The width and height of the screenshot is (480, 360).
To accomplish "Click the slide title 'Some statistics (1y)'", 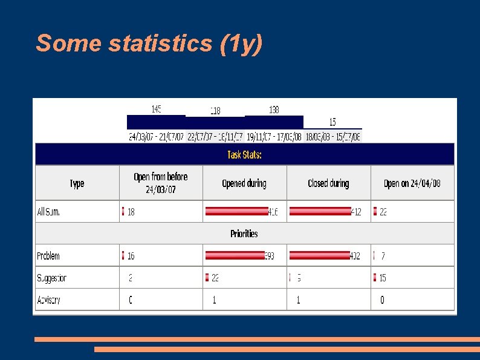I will [x=149, y=44].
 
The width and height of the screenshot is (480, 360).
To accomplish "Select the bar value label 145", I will [x=156, y=109].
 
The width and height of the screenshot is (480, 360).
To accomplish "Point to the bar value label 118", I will [x=215, y=111].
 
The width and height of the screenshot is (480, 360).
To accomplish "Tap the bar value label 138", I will [x=274, y=110].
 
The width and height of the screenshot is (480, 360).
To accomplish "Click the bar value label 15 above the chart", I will [x=332, y=122].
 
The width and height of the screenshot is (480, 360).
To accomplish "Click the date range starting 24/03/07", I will [x=157, y=137].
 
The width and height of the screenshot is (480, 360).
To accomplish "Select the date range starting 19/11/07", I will [x=274, y=137].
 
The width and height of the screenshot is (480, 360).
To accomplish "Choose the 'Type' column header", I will [x=77, y=183].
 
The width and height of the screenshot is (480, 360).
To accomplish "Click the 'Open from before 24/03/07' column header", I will [x=161, y=183].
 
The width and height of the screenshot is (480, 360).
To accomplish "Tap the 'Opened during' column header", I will [x=244, y=183].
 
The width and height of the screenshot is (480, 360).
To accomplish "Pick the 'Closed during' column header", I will [x=328, y=183].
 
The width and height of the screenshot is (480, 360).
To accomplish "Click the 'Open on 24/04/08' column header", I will [x=412, y=183].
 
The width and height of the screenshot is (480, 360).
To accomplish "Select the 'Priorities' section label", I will [x=244, y=234].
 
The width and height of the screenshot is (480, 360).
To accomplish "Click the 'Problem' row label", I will [x=48, y=256].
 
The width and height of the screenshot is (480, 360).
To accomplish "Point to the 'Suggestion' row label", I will [x=51, y=278].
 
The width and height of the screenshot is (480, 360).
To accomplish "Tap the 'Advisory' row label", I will [x=48, y=299].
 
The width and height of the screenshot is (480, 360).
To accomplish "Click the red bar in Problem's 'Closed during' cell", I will [x=319, y=255].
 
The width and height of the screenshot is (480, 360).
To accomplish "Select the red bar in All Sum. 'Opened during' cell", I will [x=236, y=211].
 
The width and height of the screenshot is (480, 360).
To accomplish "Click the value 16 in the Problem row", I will [x=131, y=256].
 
